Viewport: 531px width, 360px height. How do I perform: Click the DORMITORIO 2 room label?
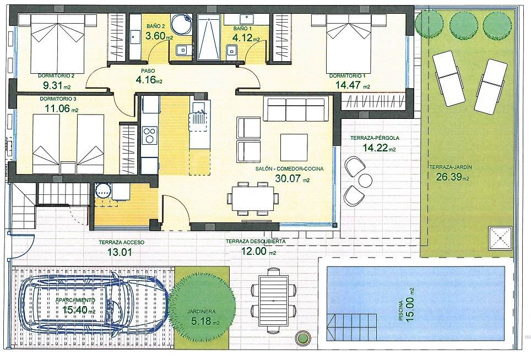[x=56, y=76]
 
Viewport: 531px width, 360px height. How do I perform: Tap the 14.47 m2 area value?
[x=353, y=85]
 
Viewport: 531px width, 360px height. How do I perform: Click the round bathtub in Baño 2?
[x=181, y=24]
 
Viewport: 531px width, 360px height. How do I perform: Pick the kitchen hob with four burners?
[x=149, y=135]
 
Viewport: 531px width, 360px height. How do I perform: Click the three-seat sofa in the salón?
[x=296, y=109]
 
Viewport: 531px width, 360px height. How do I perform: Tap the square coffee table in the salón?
[x=294, y=147]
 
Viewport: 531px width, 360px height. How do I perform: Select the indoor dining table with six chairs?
[x=252, y=199]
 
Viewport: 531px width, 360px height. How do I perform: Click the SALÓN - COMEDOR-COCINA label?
[x=289, y=169]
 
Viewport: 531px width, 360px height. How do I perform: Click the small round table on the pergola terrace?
[x=365, y=180]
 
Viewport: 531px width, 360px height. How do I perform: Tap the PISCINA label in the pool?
[x=401, y=310]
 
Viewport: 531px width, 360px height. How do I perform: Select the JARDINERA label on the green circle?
[x=201, y=312]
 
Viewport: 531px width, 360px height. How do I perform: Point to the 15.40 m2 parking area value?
[x=79, y=309]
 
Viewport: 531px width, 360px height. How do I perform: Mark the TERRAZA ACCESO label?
[x=122, y=243]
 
